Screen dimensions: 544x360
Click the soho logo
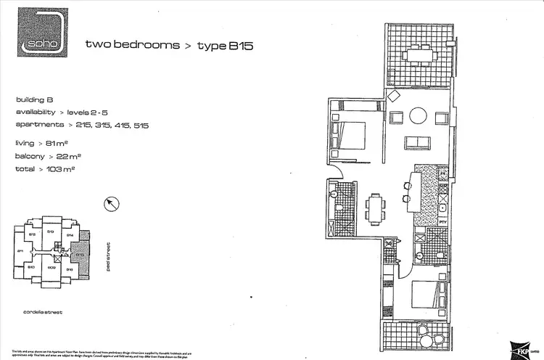[x=43, y=32]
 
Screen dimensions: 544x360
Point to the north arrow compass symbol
[x=112, y=204]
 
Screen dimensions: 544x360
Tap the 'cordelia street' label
[x=43, y=312]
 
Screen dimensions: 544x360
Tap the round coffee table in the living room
[x=419, y=116]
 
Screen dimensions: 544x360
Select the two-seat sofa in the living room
[x=417, y=142]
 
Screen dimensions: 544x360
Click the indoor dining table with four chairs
[x=374, y=209]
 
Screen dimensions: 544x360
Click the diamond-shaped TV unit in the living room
[x=392, y=97]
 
